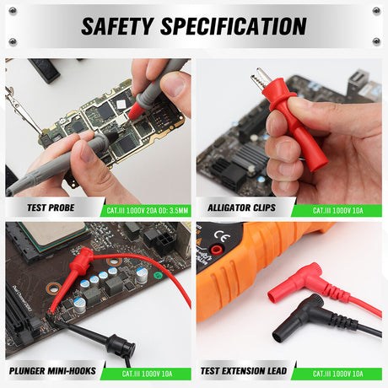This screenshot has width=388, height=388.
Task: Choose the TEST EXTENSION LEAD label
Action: (245, 371)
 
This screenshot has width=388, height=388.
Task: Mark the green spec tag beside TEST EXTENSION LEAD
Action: (337, 371)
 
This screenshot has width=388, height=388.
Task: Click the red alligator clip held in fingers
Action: (291, 118)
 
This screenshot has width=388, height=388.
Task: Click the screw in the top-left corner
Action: (12, 10)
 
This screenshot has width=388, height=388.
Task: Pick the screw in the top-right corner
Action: (376, 10)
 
